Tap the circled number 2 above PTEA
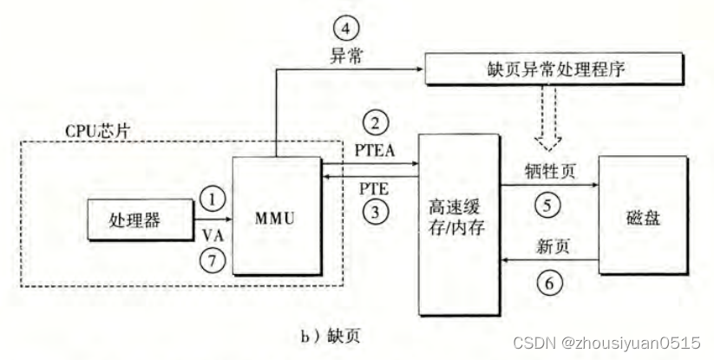pyautogui.click(x=375, y=122)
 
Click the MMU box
pyautogui.click(x=276, y=218)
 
